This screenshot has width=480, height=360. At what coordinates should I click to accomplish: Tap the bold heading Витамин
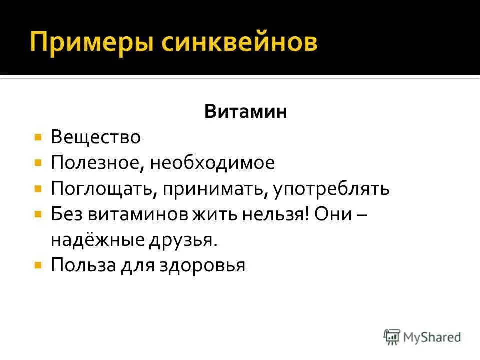[245, 111]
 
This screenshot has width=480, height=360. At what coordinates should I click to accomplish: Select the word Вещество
[95, 137]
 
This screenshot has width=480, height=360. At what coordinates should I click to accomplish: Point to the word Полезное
[95, 163]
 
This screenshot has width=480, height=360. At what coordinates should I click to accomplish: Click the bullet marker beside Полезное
[38, 162]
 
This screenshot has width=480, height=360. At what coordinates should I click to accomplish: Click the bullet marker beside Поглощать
[38, 188]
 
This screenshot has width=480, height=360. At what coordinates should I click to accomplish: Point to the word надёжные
[95, 240]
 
